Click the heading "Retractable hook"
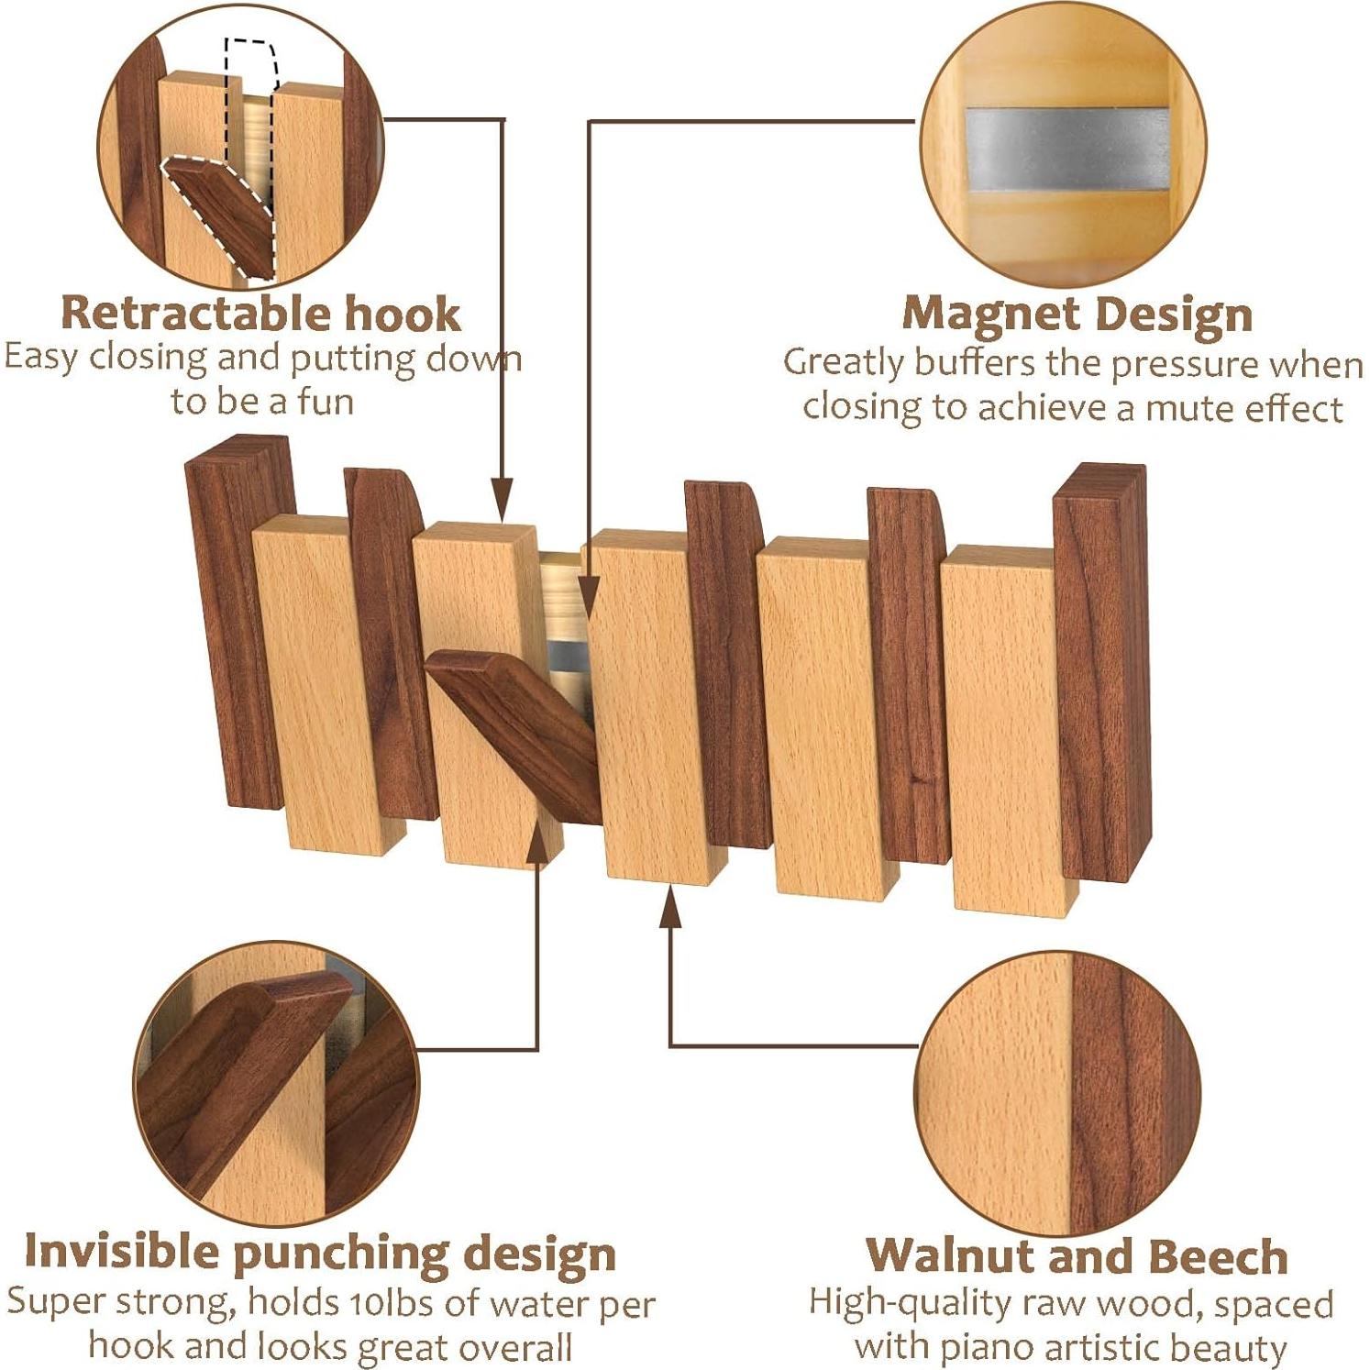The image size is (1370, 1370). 260,314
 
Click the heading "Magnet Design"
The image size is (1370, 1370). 1077,315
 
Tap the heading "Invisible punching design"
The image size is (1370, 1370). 319,1253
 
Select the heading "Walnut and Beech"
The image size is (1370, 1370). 1077,1256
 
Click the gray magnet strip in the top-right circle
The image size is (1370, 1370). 1066,149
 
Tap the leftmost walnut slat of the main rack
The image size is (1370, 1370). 235,624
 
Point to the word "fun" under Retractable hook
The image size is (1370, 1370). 325,402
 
